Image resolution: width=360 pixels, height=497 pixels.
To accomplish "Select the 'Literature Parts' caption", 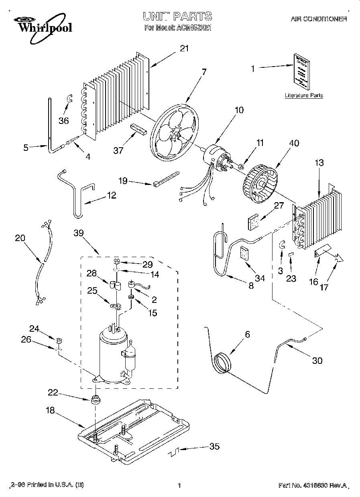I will (303, 95).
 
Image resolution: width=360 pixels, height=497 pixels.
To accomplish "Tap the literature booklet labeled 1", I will (301, 71).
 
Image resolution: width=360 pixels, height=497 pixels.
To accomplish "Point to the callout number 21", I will (184, 49).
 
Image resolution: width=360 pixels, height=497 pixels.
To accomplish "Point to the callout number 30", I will (317, 360).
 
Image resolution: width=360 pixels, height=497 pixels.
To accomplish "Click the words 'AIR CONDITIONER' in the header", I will (318, 19).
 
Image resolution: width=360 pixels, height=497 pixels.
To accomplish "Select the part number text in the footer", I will (312, 485).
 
